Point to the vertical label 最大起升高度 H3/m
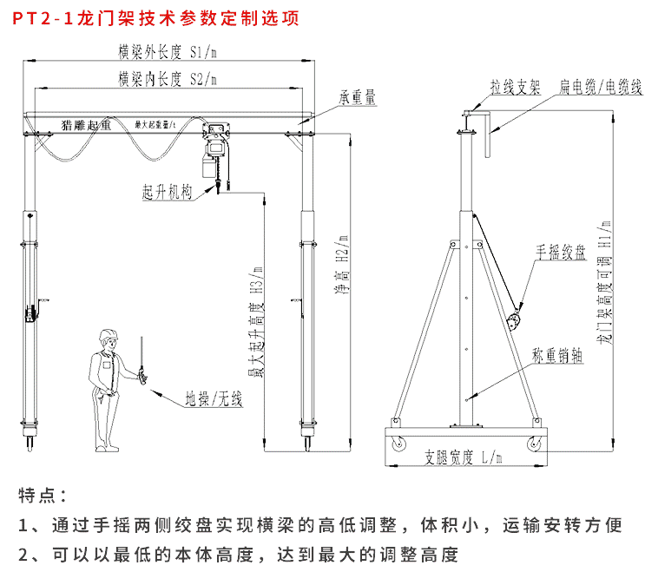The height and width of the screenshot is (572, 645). coord(255,321)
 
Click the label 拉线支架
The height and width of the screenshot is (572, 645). coord(515,88)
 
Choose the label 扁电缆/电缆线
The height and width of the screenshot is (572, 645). coord(600,88)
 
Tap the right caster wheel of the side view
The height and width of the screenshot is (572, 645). coord(533,444)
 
